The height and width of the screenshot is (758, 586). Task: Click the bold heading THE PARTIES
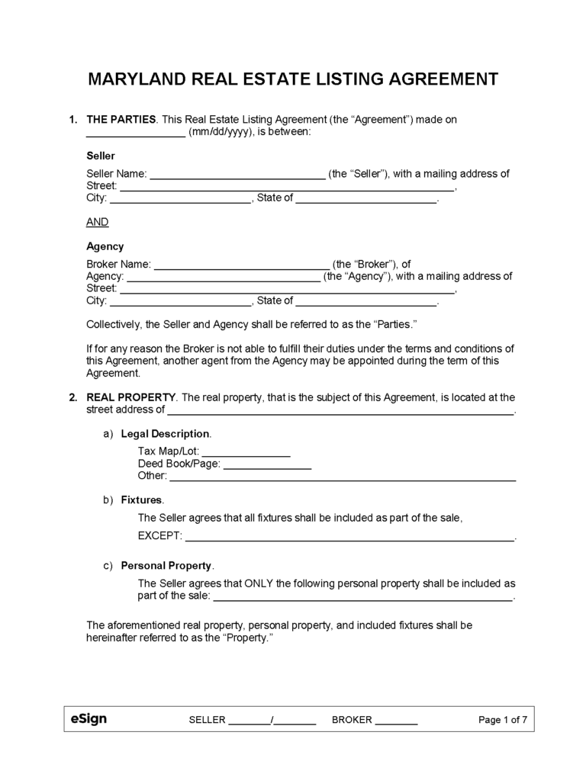click(121, 120)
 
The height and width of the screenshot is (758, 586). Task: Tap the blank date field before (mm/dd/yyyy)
click(136, 132)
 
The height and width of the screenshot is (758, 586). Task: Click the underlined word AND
click(98, 222)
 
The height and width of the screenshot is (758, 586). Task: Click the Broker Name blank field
click(242, 265)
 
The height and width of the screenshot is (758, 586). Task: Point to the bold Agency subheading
click(105, 246)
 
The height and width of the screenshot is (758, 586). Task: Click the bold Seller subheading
click(101, 156)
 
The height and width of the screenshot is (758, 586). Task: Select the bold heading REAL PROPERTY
click(131, 397)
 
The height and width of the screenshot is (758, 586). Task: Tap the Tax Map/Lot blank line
click(246, 451)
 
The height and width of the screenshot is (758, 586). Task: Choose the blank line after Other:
click(342, 477)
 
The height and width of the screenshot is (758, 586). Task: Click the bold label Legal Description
click(166, 433)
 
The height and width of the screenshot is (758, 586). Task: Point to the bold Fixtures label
click(141, 499)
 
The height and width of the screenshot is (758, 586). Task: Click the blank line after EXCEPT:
click(349, 536)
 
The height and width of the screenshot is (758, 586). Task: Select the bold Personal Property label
click(166, 566)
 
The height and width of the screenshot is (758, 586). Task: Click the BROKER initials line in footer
click(397, 720)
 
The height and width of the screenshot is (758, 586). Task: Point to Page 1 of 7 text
click(502, 720)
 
